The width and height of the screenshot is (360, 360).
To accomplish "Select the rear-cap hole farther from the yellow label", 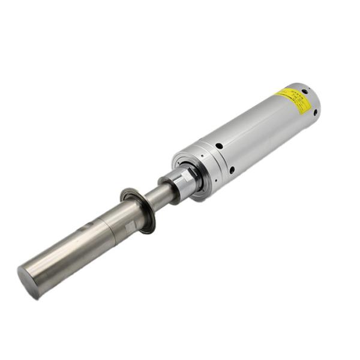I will click(x=314, y=112).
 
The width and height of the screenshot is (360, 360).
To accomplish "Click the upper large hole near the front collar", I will click(x=219, y=145).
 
